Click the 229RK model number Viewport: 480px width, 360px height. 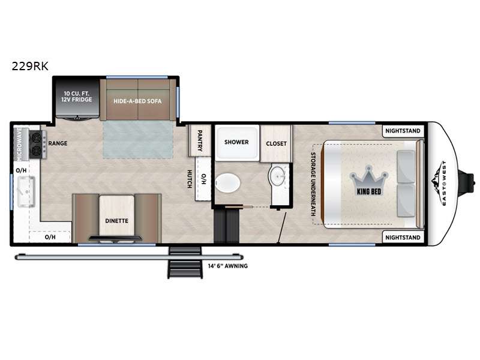point(30,66)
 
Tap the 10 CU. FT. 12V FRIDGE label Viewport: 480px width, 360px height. point(77,97)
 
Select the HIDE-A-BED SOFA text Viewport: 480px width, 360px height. point(137,101)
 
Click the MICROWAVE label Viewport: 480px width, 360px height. point(19,144)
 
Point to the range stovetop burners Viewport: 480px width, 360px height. point(37,145)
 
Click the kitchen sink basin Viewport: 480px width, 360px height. point(26,191)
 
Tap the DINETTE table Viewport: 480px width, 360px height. point(116,216)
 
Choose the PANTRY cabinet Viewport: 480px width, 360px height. point(200,140)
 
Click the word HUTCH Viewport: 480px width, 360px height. point(190,179)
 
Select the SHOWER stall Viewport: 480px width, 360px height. point(237,142)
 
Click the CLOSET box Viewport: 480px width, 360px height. point(276,143)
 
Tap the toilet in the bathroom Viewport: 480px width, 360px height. point(227,183)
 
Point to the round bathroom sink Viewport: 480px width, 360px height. point(278,176)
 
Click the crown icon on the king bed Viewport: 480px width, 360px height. point(369,178)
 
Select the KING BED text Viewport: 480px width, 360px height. point(369,191)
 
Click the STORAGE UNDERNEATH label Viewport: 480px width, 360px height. point(313,184)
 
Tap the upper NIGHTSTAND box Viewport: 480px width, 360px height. point(403,131)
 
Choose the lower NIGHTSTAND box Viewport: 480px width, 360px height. point(403,237)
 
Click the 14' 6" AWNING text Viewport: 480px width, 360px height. point(228,266)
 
